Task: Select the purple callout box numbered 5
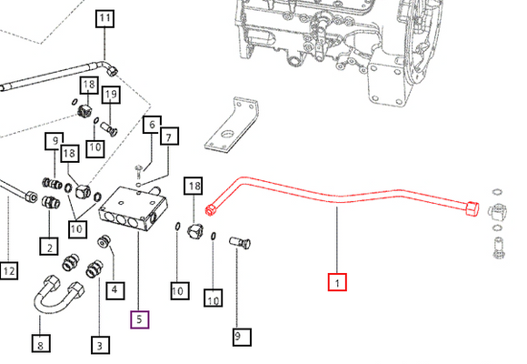point(139,318)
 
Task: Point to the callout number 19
point(111,94)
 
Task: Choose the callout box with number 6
point(151,125)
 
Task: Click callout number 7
point(168,137)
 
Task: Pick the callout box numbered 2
point(48,246)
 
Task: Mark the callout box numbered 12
point(9,271)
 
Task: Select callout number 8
point(40,344)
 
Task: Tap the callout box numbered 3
point(98,344)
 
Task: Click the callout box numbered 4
point(115,291)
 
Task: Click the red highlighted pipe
point(336,196)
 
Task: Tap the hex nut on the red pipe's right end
point(471,209)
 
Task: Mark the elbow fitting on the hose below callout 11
point(109,68)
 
